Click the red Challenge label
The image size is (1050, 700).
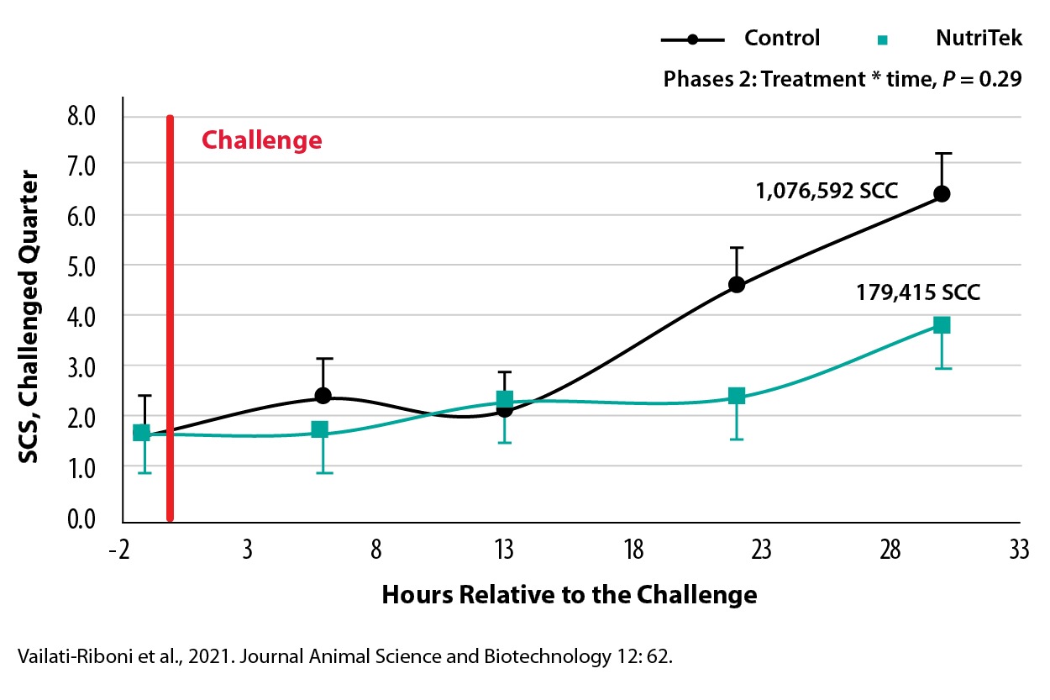[x=261, y=140]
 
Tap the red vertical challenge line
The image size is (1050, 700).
[x=171, y=318]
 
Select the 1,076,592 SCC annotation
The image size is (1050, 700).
[x=827, y=191]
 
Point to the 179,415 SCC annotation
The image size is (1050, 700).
[x=918, y=292]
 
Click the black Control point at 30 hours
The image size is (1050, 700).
[x=942, y=193]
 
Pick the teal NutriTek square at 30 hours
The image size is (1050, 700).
[x=942, y=324]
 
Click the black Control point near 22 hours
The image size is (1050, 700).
[x=737, y=284]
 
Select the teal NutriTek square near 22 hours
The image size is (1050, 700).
[x=737, y=396]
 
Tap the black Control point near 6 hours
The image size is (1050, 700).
[x=323, y=396]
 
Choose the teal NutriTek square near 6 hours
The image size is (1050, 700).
[x=320, y=429]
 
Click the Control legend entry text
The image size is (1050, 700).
[x=782, y=38]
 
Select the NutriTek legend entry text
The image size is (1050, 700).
[x=979, y=38]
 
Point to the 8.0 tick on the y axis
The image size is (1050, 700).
[x=81, y=116]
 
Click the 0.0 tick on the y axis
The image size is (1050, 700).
[x=81, y=518]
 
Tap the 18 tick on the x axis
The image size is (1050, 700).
[x=633, y=550]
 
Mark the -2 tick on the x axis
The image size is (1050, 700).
[x=119, y=550]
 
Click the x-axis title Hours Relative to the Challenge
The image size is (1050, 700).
[x=570, y=594]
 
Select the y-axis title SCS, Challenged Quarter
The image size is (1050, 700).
[x=28, y=317]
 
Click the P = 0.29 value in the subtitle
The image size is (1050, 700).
[x=982, y=79]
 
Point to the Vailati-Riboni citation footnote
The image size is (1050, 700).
[x=345, y=656]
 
